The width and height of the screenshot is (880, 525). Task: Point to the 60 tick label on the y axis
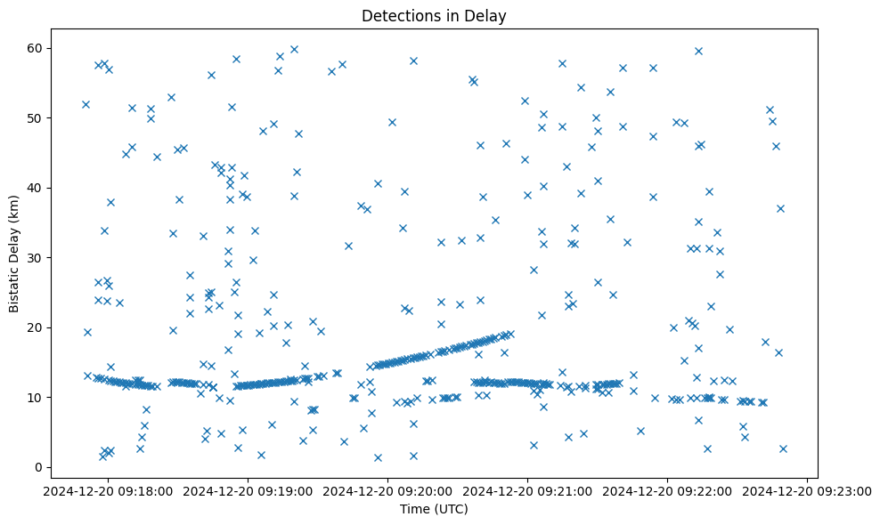(x=43, y=48)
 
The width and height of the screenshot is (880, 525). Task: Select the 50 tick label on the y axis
(x=43, y=118)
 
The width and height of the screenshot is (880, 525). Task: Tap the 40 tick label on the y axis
(x=43, y=188)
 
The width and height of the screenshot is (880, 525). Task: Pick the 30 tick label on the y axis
(x=43, y=258)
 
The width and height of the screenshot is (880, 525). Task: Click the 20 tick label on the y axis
(x=43, y=327)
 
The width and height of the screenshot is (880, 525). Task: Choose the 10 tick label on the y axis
(x=43, y=398)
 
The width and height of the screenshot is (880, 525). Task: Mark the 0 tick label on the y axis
(x=46, y=467)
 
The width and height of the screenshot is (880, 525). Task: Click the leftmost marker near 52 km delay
(x=86, y=104)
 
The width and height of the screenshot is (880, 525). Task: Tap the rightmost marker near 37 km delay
(x=780, y=208)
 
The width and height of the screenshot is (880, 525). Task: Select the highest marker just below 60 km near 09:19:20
(x=294, y=49)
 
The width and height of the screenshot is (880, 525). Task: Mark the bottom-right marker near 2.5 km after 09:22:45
(x=783, y=448)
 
